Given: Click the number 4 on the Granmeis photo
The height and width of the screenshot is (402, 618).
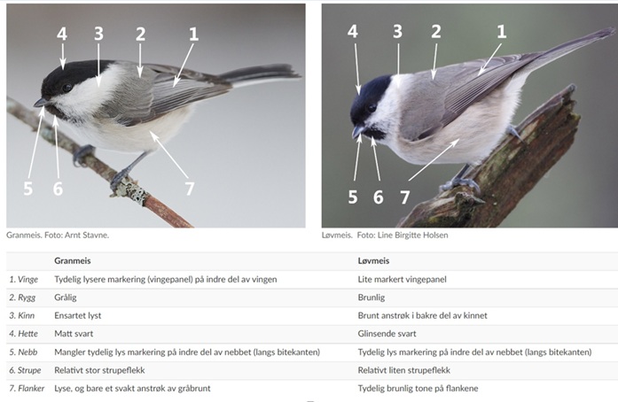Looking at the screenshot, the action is click(x=62, y=35).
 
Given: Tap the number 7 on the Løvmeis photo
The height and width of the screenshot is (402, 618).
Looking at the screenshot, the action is click(x=405, y=197).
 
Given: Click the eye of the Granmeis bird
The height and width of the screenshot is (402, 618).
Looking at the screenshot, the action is click(x=66, y=88).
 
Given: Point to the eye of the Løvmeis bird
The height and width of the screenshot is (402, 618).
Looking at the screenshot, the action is click(x=372, y=107).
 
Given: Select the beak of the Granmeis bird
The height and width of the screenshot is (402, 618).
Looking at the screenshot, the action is click(x=42, y=103).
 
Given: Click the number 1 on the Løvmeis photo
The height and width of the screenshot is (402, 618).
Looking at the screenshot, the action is click(x=501, y=32).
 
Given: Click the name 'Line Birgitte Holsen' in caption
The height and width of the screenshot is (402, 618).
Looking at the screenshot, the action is click(x=412, y=235).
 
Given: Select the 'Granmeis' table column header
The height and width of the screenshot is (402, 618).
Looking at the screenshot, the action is click(x=73, y=260).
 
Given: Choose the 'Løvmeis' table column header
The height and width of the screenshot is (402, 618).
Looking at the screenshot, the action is click(x=373, y=260).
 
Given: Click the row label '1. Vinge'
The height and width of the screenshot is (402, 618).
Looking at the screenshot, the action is click(x=24, y=280).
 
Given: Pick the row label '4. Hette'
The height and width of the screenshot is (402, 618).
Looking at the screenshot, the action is click(x=24, y=334).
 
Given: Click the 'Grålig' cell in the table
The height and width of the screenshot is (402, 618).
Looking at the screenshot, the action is click(x=66, y=298).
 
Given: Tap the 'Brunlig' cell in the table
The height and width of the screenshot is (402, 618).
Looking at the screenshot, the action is click(x=372, y=298).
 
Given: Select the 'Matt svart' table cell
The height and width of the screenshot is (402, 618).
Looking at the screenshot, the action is click(x=74, y=334).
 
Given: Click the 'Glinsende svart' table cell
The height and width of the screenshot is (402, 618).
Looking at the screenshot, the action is click(x=387, y=334).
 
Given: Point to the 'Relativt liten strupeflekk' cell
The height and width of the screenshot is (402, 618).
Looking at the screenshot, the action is click(x=404, y=370).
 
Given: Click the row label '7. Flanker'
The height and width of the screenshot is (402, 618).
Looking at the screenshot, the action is click(x=27, y=388).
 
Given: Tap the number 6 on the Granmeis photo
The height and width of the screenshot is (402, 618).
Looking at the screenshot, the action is click(x=58, y=189).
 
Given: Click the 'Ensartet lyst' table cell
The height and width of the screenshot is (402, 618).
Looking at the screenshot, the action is click(x=78, y=315).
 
